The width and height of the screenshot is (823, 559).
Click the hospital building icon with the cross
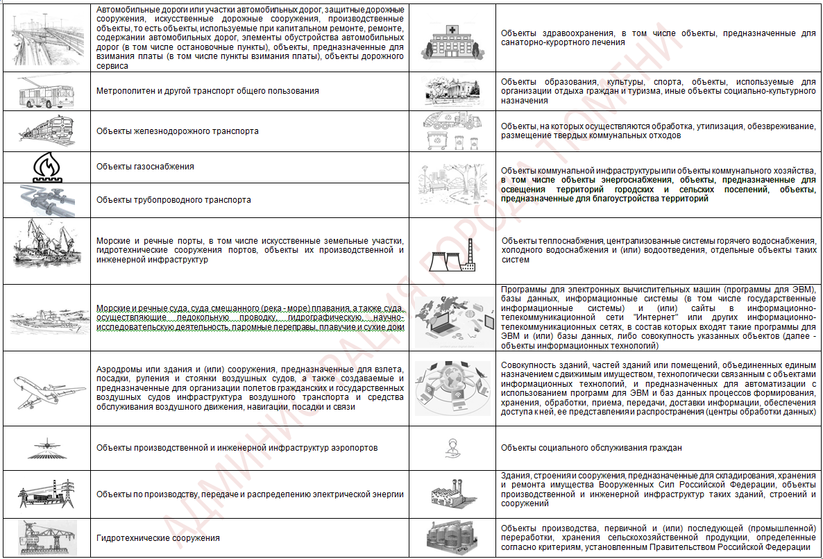pos(452,37)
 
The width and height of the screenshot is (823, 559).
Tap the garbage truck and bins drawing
pos(452,130)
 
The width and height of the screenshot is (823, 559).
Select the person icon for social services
pos(452,448)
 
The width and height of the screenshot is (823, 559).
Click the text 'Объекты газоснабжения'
pos(145,167)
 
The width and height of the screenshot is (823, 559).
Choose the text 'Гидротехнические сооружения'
pos(158,538)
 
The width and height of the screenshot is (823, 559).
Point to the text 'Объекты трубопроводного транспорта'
pos(173,200)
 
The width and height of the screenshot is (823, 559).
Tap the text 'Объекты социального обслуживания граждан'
pos(591,448)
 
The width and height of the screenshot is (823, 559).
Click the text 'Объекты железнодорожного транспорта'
pos(177,131)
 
